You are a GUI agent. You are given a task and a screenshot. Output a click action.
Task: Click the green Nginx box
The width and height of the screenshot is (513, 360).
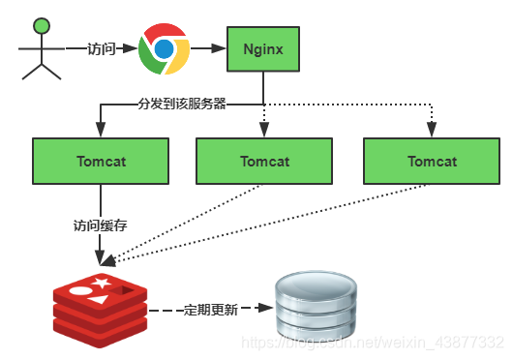264,47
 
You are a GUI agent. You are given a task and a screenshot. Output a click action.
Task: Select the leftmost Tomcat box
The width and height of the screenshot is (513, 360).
100,161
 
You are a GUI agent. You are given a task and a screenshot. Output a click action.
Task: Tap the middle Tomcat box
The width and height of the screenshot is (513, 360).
264,161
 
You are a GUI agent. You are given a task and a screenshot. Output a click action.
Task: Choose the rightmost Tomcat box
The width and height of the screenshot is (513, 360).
432,161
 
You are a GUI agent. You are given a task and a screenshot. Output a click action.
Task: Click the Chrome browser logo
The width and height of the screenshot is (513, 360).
163,49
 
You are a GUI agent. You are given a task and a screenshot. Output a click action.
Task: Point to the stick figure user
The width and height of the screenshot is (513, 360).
39,48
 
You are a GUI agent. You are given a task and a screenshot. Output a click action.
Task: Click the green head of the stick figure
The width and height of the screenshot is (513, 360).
40,23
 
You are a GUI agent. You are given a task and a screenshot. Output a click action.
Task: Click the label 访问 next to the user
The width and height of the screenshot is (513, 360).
102,47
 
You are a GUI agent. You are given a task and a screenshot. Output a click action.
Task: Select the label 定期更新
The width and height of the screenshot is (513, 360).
210,310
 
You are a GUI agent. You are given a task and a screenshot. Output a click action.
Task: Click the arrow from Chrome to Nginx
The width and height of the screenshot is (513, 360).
207,47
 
